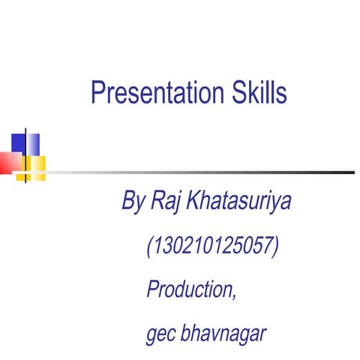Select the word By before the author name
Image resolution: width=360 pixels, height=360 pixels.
[x=133, y=201]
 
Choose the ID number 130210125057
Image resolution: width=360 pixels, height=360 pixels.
[x=214, y=245]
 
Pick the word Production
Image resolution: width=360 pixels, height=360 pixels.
[x=190, y=289]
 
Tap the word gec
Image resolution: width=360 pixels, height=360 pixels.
[x=160, y=333]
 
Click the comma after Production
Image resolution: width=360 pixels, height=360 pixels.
[x=235, y=296]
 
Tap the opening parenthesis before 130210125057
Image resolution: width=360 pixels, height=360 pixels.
[x=151, y=245]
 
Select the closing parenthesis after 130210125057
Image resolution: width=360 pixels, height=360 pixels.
[x=277, y=245]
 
